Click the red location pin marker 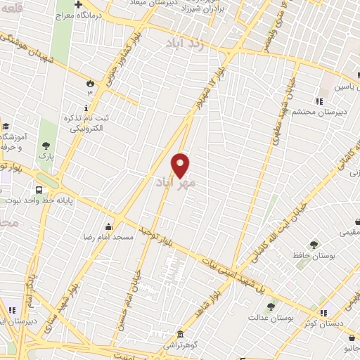181,165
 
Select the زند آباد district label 186,43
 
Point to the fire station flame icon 89,83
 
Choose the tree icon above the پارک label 46,146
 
